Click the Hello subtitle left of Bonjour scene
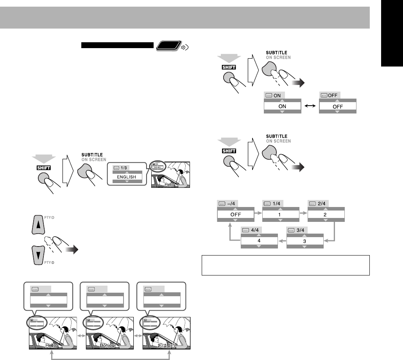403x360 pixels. (51, 346)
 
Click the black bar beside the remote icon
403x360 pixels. (118, 45)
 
